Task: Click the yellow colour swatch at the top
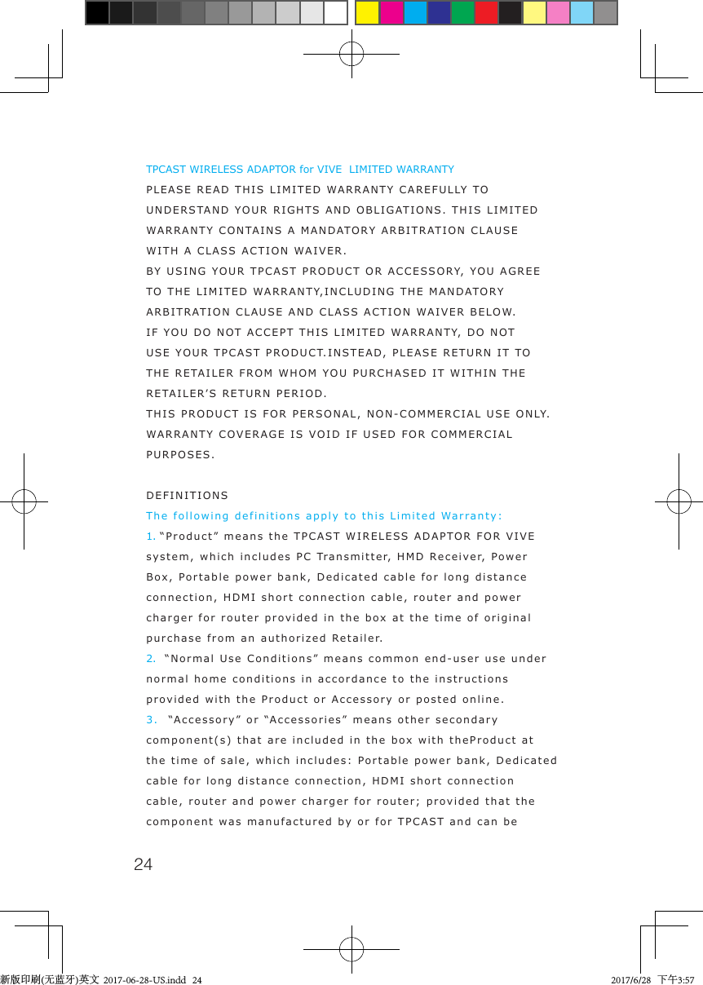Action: [367, 13]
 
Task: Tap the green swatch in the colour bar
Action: [462, 13]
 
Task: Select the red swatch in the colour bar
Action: [486, 13]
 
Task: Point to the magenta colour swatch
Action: [391, 13]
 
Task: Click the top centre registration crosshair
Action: [351, 54]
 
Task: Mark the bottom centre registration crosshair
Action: [351, 949]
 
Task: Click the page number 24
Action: [143, 864]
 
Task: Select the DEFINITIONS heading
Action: [187, 496]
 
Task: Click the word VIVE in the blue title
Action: [329, 170]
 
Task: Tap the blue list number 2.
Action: [151, 659]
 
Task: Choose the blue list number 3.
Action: [151, 720]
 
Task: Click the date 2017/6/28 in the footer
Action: [630, 979]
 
